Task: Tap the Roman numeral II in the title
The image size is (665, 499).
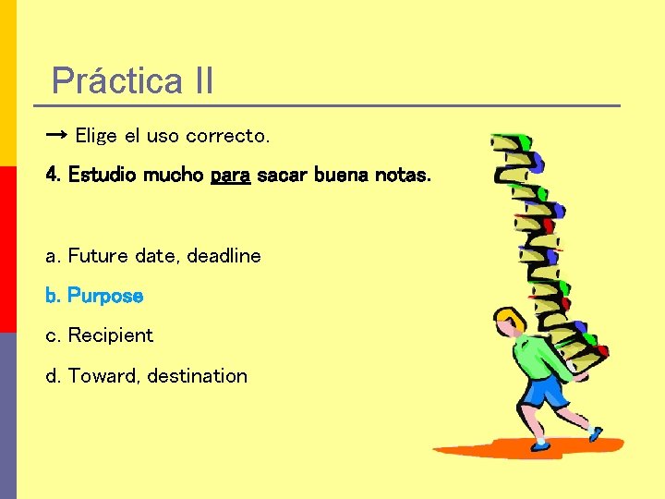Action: (204, 81)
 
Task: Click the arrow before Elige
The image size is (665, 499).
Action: (56, 135)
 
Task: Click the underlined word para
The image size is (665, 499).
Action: (230, 175)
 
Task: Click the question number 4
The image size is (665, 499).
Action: (52, 175)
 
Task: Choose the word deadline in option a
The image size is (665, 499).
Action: (224, 255)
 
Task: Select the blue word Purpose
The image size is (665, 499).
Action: (105, 296)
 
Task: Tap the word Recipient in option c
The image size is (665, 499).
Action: (111, 335)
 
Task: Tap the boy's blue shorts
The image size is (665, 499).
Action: (545, 390)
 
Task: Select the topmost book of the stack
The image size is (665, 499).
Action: (513, 144)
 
